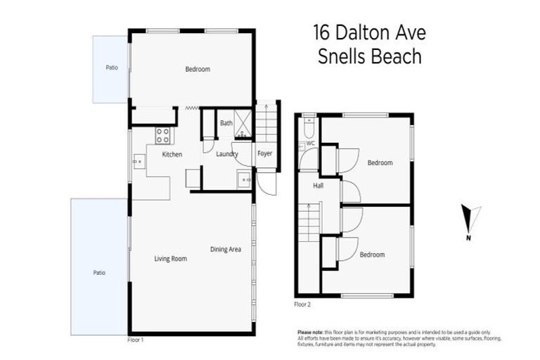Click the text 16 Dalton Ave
(x=368, y=33)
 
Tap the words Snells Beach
(x=368, y=57)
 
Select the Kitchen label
(x=172, y=154)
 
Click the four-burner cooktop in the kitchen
(x=162, y=134)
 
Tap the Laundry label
(x=226, y=154)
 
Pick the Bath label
(x=226, y=123)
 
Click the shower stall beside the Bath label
(x=244, y=123)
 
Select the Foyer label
(x=264, y=154)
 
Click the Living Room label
(x=170, y=259)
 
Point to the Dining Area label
(x=226, y=249)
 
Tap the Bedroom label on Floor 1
(x=198, y=69)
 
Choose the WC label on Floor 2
(x=310, y=143)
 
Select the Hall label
(x=319, y=186)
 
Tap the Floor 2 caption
(x=302, y=304)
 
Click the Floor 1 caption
(x=136, y=339)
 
